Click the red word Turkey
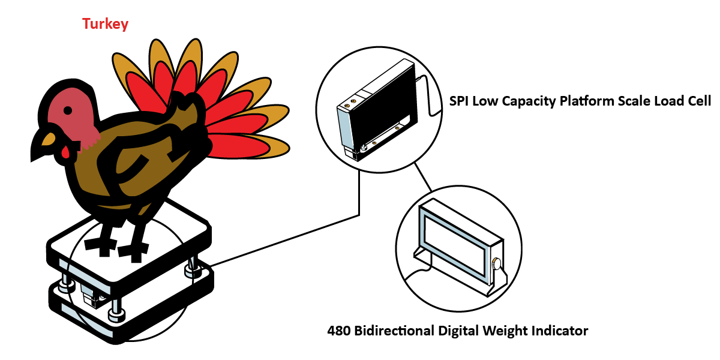(105, 24)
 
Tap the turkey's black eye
(68, 110)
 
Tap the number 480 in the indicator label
(338, 331)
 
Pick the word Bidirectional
(394, 331)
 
